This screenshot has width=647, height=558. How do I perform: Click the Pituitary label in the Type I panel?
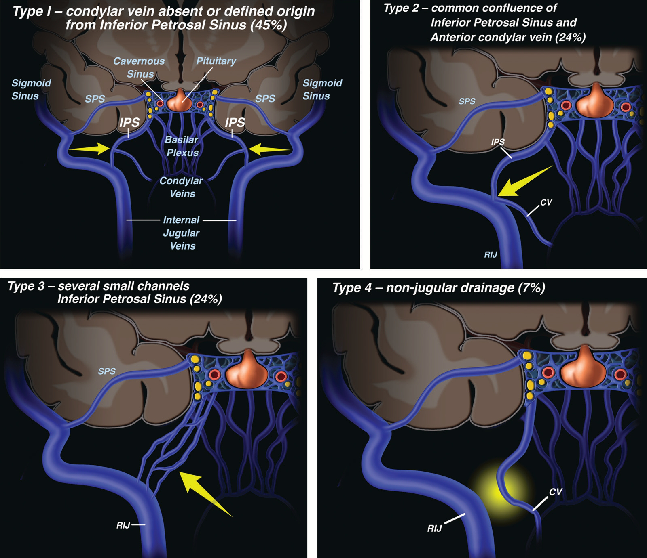pos(216,61)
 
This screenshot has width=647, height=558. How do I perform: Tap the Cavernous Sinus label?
pos(139,67)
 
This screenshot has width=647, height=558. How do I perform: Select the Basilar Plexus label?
pos(182,146)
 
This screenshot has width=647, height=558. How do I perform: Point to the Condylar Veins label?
pos(182,187)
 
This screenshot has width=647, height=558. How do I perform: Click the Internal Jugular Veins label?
pos(181,233)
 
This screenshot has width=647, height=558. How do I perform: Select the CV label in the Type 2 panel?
pos(546,202)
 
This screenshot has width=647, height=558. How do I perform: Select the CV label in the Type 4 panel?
pos(555,491)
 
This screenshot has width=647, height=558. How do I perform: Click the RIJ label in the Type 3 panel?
pos(123,525)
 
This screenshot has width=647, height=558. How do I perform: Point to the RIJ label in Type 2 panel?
pos(491,254)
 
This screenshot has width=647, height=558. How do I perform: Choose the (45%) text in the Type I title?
pos(269,25)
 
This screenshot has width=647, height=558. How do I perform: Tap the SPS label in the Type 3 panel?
pos(107,371)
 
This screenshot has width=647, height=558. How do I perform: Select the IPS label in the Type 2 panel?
pos(498,142)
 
